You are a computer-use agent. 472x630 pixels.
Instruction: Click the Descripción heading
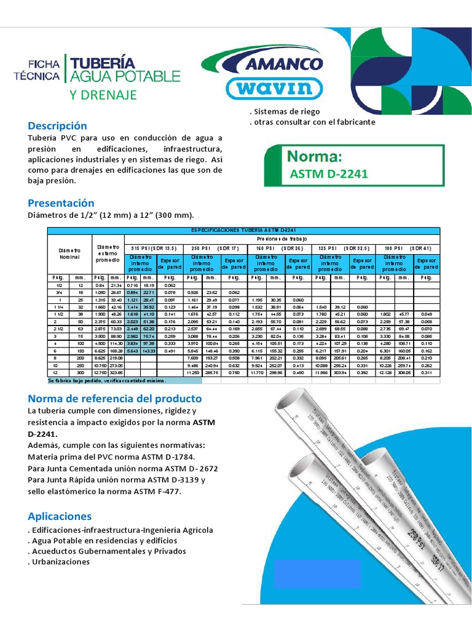pos(58,126)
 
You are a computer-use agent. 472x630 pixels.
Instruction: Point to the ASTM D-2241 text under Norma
pos(328,173)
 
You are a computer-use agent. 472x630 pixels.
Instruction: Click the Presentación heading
pos(61,203)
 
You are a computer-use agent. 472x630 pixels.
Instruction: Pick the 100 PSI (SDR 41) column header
pos(409,248)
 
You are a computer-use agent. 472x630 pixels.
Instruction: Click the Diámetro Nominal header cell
pos(69,254)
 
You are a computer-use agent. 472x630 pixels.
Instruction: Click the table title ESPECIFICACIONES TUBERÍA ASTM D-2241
pos(244,230)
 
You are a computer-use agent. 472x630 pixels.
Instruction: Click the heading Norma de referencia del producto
pos(115,399)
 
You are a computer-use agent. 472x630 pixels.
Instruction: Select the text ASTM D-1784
pos(167,457)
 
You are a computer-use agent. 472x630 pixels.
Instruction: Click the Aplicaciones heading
pos(60,516)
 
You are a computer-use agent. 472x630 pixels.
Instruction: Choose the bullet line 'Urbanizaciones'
pos(59,562)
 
